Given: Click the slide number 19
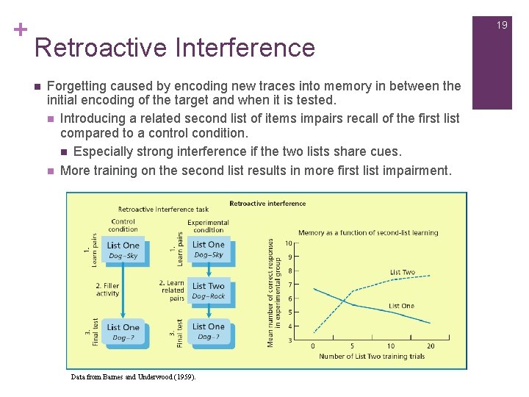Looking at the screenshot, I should pyautogui.click(x=502, y=25).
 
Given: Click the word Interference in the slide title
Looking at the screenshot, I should pyautogui.click(x=246, y=48).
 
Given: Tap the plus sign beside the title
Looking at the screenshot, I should pyautogui.click(x=20, y=29).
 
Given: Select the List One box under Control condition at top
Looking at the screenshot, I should pyautogui.click(x=123, y=250).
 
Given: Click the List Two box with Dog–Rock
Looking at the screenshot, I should pyautogui.click(x=209, y=290).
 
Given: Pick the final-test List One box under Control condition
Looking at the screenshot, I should pyautogui.click(x=123, y=332).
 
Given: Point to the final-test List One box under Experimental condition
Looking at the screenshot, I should pyautogui.click(x=209, y=332).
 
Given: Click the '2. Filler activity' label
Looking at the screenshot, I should pyautogui.click(x=107, y=290).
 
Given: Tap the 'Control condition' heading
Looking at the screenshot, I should pyautogui.click(x=123, y=225).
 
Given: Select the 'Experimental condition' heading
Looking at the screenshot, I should pyautogui.click(x=208, y=226).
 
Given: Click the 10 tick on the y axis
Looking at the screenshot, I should pyautogui.click(x=289, y=243).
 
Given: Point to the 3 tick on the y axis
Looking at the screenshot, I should pyautogui.click(x=289, y=340).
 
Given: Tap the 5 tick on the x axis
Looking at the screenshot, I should pyautogui.click(x=352, y=346).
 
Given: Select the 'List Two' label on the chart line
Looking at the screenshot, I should pyautogui.click(x=402, y=272).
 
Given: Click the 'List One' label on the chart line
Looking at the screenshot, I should pyautogui.click(x=401, y=306).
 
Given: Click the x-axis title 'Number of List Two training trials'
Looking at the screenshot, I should pyautogui.click(x=372, y=357).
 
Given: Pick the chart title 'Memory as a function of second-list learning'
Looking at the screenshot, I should pyautogui.click(x=368, y=233).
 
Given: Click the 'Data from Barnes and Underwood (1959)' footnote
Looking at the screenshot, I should pyautogui.click(x=133, y=376).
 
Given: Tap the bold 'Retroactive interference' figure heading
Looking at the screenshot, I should pyautogui.click(x=267, y=204).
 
